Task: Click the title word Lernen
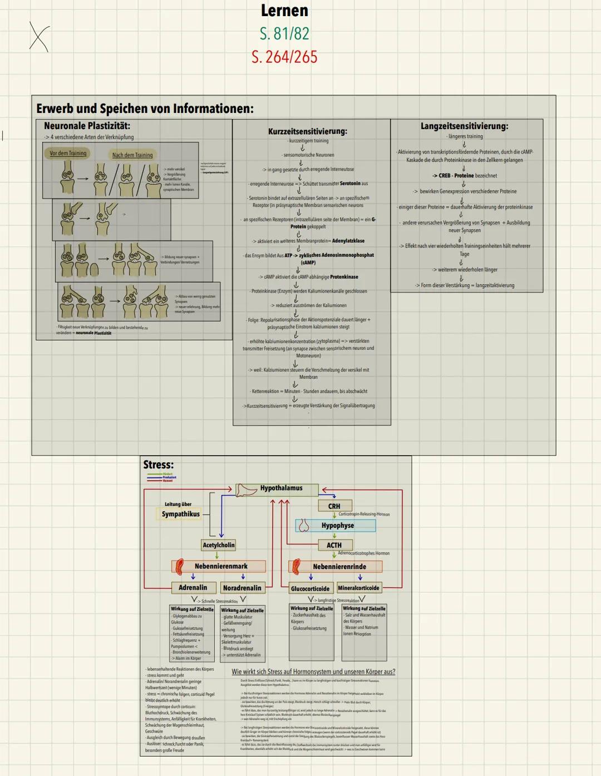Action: [284, 11]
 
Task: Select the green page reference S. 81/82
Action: [284, 34]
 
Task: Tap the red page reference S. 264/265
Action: [284, 57]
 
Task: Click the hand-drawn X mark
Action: [39, 38]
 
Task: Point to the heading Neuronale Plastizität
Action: [87, 126]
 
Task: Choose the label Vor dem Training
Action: [68, 153]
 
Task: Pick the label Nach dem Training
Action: [132, 155]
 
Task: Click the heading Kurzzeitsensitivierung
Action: [307, 131]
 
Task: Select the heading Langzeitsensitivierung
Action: [464, 126]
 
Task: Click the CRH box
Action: [334, 506]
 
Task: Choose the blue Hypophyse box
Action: [336, 525]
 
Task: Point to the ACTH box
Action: [334, 545]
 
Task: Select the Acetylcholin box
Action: [218, 545]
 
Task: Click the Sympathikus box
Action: [180, 514]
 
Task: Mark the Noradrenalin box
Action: [242, 588]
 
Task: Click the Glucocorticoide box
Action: [310, 589]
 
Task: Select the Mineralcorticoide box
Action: [358, 588]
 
